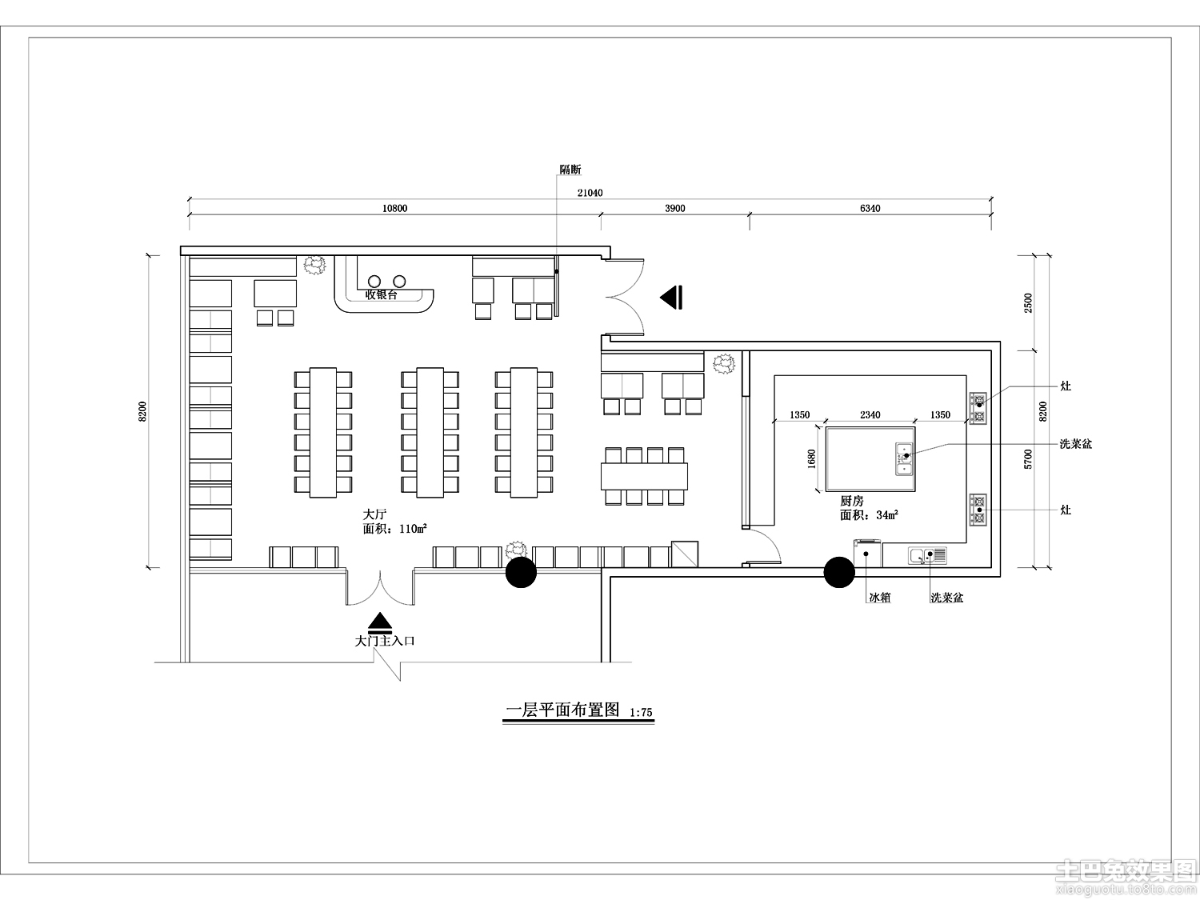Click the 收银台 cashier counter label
click(382, 295)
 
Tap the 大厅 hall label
click(374, 514)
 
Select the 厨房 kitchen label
click(852, 501)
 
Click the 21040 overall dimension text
click(590, 193)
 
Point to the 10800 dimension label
click(394, 208)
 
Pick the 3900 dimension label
click(675, 208)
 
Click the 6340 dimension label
click(870, 208)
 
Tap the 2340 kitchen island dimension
click(870, 414)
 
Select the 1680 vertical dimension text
click(812, 459)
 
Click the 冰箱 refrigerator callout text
click(880, 598)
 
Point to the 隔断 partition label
click(570, 170)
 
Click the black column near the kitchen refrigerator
click(839, 572)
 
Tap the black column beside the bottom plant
click(521, 572)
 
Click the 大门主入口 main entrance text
click(385, 641)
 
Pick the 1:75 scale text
click(642, 713)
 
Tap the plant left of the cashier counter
click(315, 266)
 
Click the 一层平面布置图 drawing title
click(562, 710)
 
